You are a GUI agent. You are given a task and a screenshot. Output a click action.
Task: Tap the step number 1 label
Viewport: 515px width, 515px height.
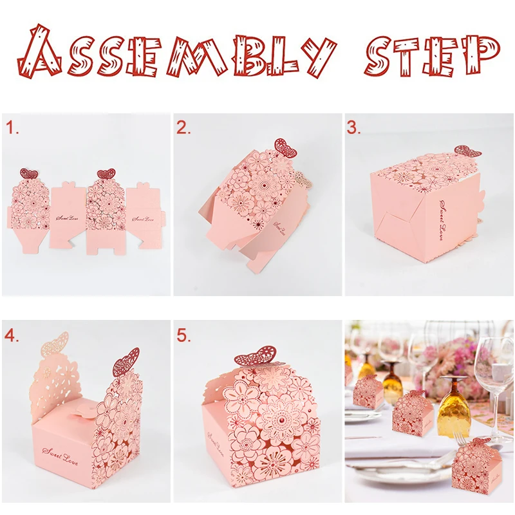coord(12,128)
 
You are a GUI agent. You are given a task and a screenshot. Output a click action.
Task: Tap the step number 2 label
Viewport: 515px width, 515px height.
coord(184,128)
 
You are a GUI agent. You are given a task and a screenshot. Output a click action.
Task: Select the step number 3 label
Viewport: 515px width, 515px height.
coord(354,128)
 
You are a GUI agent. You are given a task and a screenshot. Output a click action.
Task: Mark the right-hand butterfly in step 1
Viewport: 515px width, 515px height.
coord(105,174)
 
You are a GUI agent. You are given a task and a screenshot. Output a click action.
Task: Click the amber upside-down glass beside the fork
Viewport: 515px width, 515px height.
coord(455,406)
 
